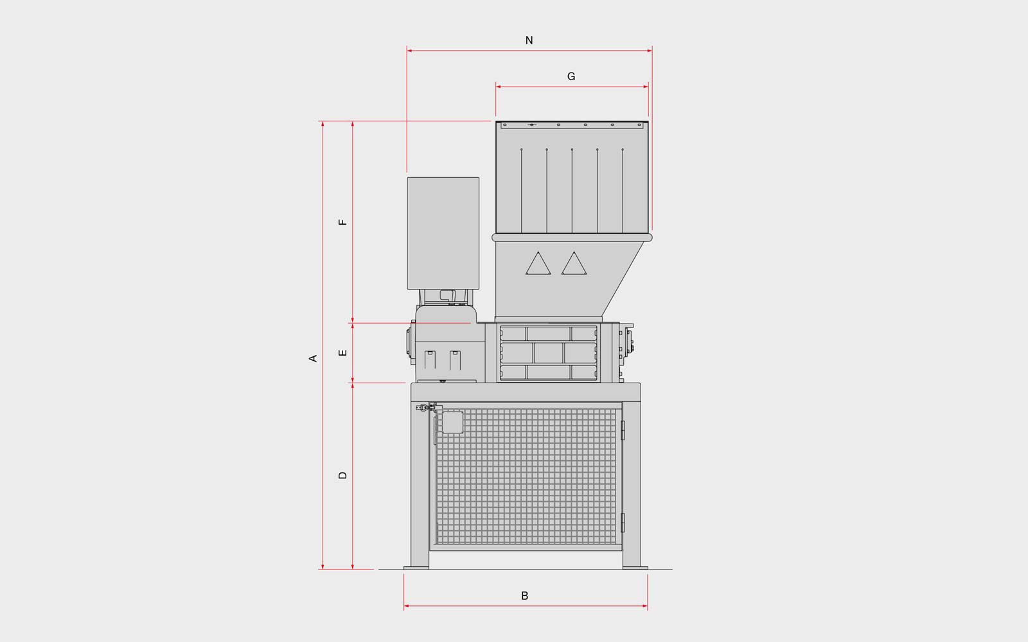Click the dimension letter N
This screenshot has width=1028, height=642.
(529, 40)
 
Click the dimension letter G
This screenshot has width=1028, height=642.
(571, 76)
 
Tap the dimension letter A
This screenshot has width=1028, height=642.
(313, 359)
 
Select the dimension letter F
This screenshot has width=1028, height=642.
(343, 222)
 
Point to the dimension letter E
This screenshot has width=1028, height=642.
(343, 353)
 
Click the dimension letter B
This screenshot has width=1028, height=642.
(525, 596)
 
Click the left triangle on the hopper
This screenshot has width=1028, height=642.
(538, 264)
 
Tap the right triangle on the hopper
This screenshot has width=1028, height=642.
(574, 264)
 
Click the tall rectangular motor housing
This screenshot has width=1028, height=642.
(443, 234)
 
